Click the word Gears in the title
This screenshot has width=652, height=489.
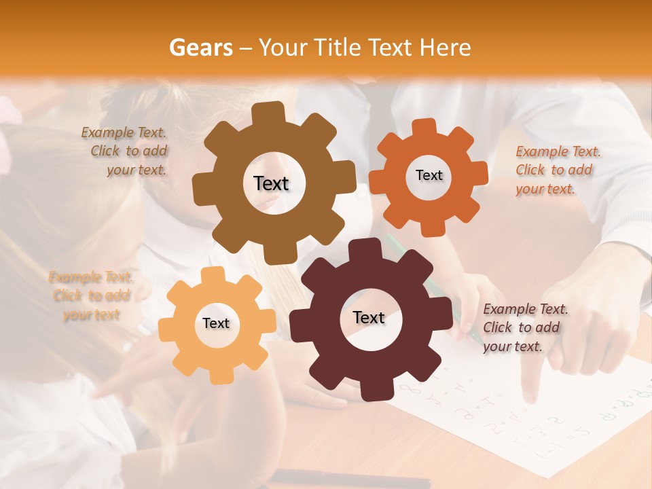click(x=200, y=48)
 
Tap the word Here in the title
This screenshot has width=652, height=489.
click(x=446, y=48)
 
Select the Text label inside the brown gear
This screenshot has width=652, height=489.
click(x=271, y=183)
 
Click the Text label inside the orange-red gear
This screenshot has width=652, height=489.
click(x=429, y=175)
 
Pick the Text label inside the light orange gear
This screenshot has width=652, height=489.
click(x=216, y=323)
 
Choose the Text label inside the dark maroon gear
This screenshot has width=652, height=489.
click(x=369, y=317)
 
